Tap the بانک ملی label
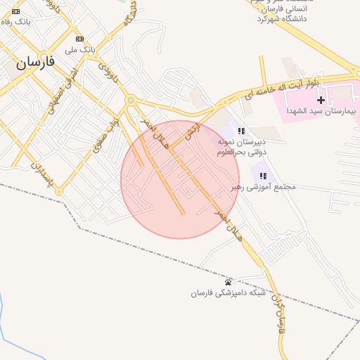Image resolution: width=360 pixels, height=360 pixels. [79, 50]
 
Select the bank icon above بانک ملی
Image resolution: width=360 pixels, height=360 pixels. [79, 39]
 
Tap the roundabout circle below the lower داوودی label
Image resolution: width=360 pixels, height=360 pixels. [130, 101]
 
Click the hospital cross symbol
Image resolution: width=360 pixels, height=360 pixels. [321, 101]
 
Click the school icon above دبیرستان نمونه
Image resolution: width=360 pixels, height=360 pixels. [241, 131]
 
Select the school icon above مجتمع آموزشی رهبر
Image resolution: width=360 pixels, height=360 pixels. [263, 176]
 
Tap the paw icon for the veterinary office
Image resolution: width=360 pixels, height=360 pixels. [228, 282]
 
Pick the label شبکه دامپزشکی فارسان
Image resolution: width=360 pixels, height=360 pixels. [228, 293]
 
